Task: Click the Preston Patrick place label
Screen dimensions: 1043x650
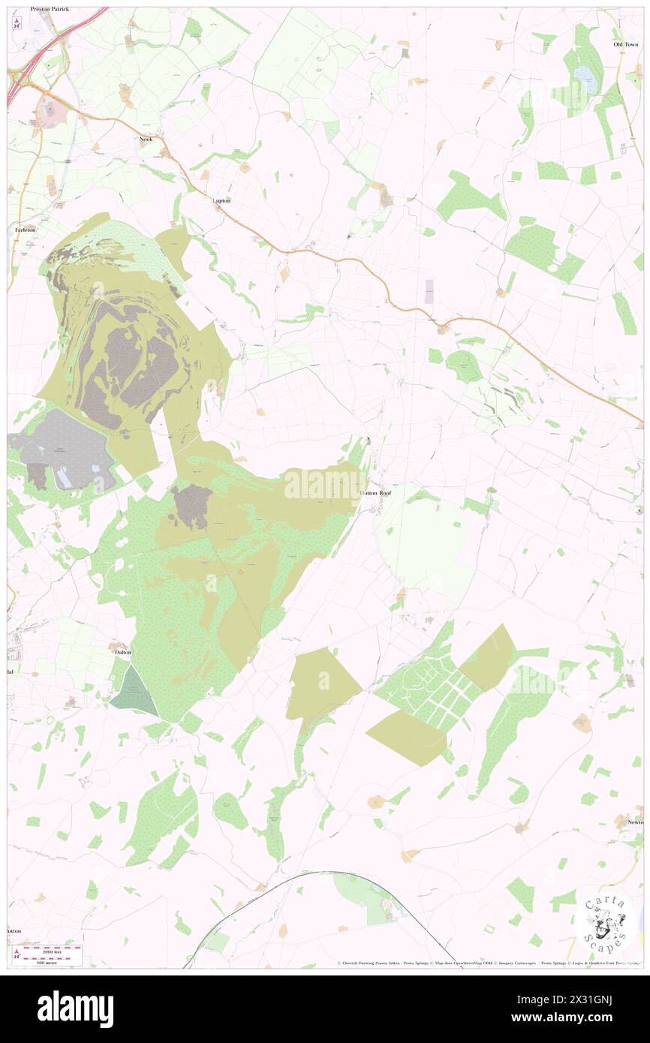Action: coord(50,9)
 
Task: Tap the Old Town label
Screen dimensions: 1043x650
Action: coord(624,44)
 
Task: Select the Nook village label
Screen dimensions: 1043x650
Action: coord(146,140)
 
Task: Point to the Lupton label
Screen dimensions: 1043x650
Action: coord(221,200)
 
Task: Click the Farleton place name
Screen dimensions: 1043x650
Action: coord(20,230)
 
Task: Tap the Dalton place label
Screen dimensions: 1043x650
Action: coord(123,652)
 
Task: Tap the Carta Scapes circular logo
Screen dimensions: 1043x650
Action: coord(604,925)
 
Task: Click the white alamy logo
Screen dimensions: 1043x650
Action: coord(75,1008)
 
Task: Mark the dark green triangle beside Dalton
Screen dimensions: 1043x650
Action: coord(134,692)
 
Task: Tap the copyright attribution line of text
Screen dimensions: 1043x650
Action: coord(488,963)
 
